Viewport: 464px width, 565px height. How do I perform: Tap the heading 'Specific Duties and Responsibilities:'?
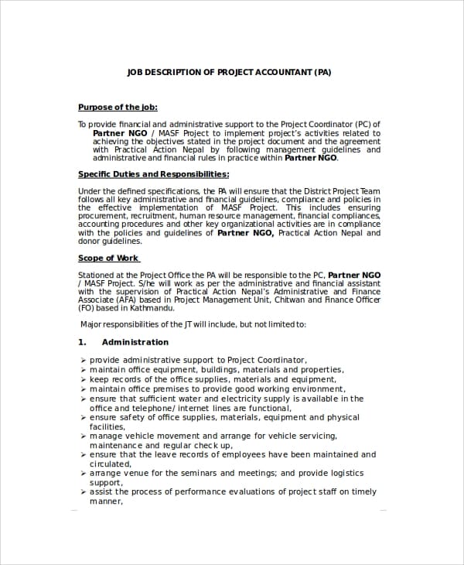pyautogui.click(x=153, y=174)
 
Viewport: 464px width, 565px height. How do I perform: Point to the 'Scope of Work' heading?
pyautogui.click(x=108, y=258)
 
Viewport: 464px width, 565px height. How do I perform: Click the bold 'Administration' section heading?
pyautogui.click(x=135, y=341)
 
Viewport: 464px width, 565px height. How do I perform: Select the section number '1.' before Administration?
pyautogui.click(x=82, y=341)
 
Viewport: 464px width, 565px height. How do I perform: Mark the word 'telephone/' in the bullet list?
pyautogui.click(x=151, y=408)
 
